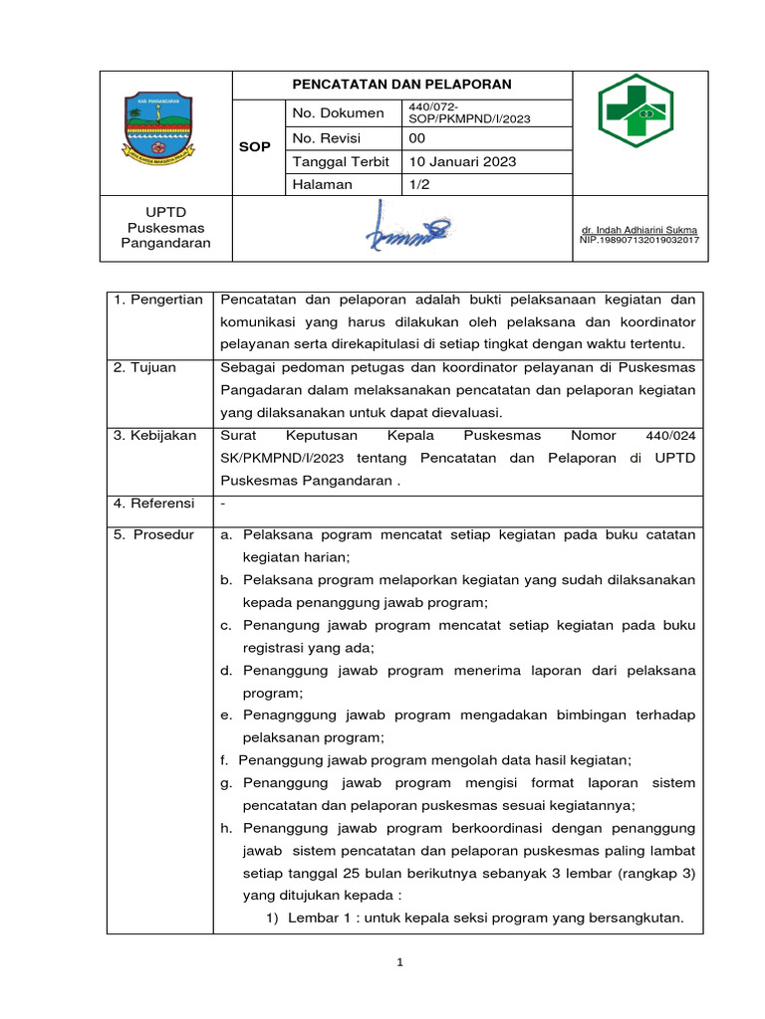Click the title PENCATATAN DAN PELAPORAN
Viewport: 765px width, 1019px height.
pyautogui.click(x=401, y=85)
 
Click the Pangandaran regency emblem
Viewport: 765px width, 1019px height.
pyautogui.click(x=165, y=128)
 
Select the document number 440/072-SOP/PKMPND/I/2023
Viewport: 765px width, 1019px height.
pyautogui.click(x=468, y=112)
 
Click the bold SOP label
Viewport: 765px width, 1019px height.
pyautogui.click(x=257, y=146)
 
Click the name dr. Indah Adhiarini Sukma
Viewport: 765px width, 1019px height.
pyautogui.click(x=639, y=230)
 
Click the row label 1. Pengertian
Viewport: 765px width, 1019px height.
pyautogui.click(x=157, y=300)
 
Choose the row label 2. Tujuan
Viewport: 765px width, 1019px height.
pyautogui.click(x=145, y=368)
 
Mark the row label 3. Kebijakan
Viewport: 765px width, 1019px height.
pyautogui.click(x=154, y=436)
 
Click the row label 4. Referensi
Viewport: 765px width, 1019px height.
pyautogui.click(x=153, y=504)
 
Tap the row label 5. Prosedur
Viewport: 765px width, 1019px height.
pyautogui.click(x=153, y=535)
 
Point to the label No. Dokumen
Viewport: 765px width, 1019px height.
pyautogui.click(x=338, y=113)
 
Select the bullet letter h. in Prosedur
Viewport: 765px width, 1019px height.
pyautogui.click(x=227, y=829)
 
